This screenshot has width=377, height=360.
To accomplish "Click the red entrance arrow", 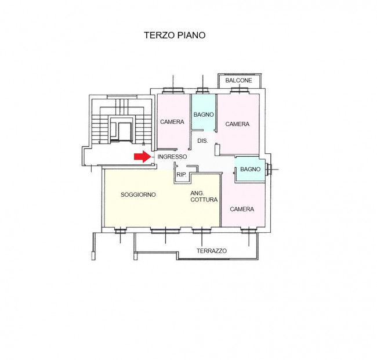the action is [x=142, y=157].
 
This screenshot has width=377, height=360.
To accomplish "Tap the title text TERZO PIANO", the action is [x=175, y=35].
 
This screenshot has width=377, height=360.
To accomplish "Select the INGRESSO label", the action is [x=172, y=157].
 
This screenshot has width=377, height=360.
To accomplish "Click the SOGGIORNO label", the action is [x=138, y=195].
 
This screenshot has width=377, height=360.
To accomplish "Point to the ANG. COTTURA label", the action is [x=204, y=196].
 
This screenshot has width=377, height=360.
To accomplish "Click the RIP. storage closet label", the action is [x=182, y=175].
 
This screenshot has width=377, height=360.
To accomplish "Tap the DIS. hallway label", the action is [x=202, y=141].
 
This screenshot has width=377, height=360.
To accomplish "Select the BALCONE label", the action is [x=239, y=80].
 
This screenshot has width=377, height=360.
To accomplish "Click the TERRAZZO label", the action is [x=212, y=251].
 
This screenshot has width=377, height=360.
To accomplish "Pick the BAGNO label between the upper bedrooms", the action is [x=204, y=114].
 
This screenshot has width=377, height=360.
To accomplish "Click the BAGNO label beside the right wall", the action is [x=251, y=169].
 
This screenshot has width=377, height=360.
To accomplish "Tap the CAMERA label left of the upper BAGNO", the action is [x=172, y=122].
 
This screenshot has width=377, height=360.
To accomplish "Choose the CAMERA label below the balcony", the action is [x=237, y=124].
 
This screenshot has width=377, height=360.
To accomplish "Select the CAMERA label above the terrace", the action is [x=242, y=209].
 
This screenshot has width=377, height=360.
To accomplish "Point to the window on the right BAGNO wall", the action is [x=268, y=170].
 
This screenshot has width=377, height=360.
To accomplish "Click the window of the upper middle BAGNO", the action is [x=202, y=91].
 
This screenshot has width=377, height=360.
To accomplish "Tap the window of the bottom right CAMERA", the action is [x=249, y=231].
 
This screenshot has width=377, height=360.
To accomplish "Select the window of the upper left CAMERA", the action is [x=173, y=91].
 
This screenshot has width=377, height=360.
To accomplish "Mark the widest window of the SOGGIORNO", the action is [x=165, y=231].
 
